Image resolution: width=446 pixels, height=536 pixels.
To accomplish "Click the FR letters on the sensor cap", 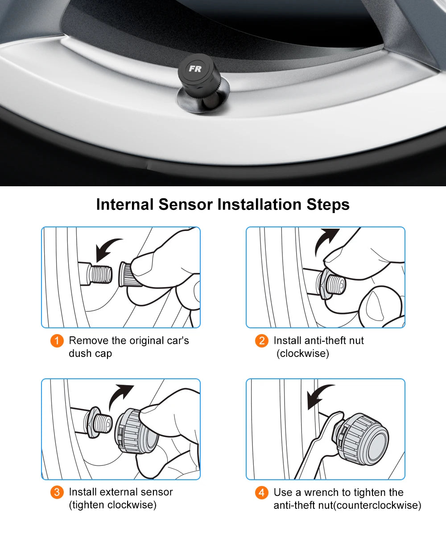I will coord(195,69).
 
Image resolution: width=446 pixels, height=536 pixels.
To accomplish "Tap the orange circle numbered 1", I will coord(57,341).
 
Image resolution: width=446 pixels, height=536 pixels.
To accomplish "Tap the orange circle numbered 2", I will coord(262,341).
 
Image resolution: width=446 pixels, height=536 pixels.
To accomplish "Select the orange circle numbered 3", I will coord(57,493).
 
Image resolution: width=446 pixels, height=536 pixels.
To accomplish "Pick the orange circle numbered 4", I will coord(262,493).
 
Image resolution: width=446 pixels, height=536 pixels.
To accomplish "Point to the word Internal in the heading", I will coord(125,205).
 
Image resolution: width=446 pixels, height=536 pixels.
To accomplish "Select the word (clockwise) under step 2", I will coord(303,353).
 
